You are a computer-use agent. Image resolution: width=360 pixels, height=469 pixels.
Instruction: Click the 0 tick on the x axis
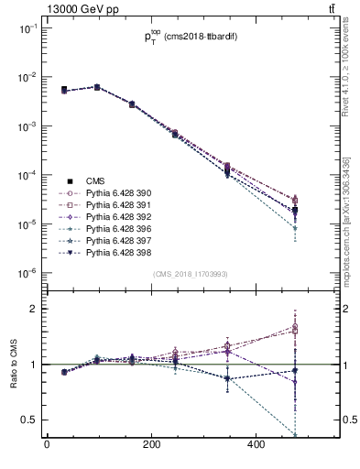47,446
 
